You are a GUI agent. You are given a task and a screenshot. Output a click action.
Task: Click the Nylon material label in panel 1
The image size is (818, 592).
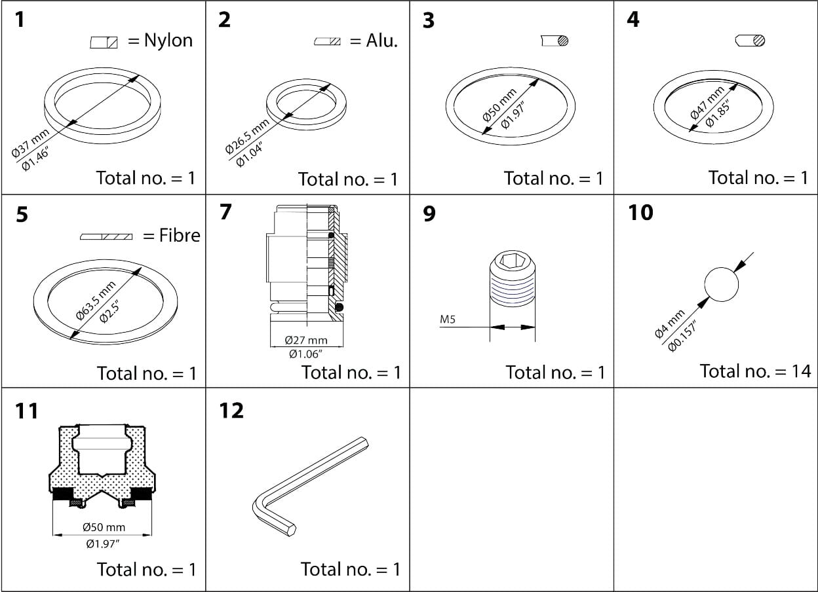point(168,41)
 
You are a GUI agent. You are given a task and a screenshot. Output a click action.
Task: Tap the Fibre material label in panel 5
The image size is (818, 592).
point(180,235)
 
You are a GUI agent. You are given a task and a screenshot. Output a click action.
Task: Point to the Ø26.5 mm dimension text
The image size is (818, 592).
point(246,137)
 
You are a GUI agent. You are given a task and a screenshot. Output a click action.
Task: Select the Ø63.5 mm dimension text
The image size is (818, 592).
point(95,299)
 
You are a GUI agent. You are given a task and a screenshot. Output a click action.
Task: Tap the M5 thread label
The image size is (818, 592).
point(448,320)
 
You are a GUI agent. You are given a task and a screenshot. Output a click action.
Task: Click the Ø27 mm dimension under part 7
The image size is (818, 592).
point(306,341)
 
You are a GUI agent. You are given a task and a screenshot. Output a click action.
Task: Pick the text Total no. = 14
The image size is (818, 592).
point(755,371)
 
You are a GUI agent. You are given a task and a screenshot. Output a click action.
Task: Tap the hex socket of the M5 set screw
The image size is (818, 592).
point(513,263)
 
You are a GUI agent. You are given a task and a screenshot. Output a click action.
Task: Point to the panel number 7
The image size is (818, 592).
point(225,213)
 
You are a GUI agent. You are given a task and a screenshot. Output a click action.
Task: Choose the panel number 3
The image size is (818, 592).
point(428,20)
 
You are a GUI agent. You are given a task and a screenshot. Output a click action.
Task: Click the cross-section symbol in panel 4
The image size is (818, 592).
point(750,41)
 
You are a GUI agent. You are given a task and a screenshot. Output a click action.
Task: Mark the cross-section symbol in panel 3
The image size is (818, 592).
point(555,41)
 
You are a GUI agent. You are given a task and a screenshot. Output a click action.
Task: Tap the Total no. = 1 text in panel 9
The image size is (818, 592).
point(555,372)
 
